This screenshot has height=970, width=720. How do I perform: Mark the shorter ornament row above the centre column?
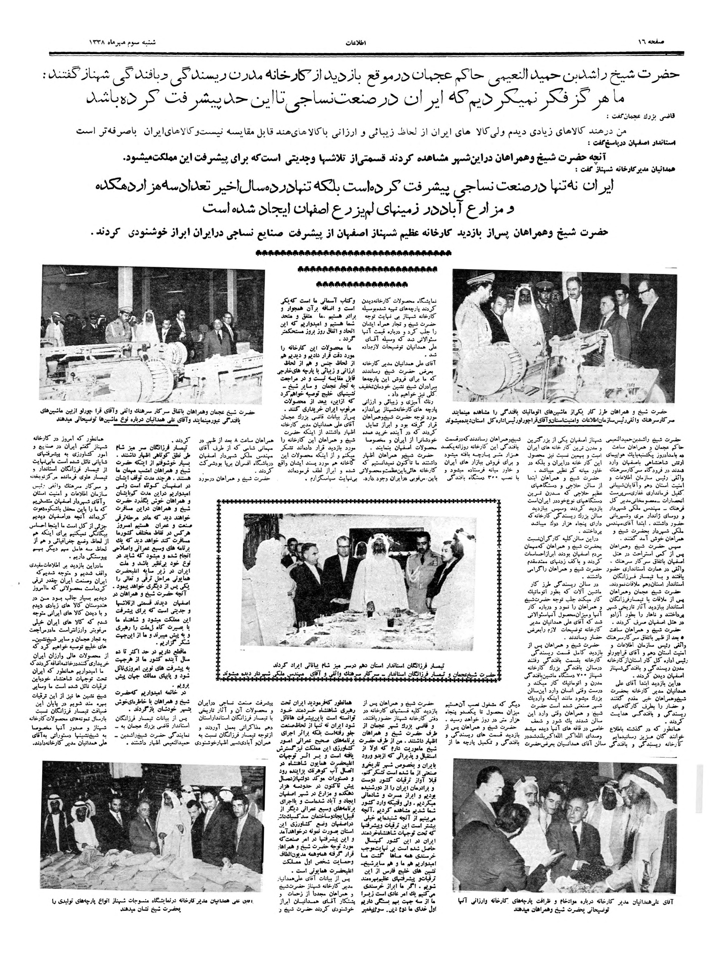click(358, 284)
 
